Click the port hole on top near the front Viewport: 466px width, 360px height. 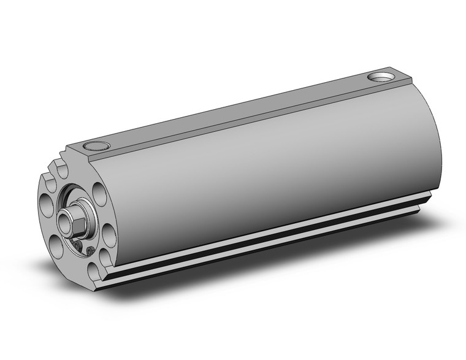pyautogui.click(x=94, y=147)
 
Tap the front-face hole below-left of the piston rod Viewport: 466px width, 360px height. pyautogui.click(x=56, y=245)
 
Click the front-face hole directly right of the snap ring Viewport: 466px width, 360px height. pyautogui.click(x=108, y=232)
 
